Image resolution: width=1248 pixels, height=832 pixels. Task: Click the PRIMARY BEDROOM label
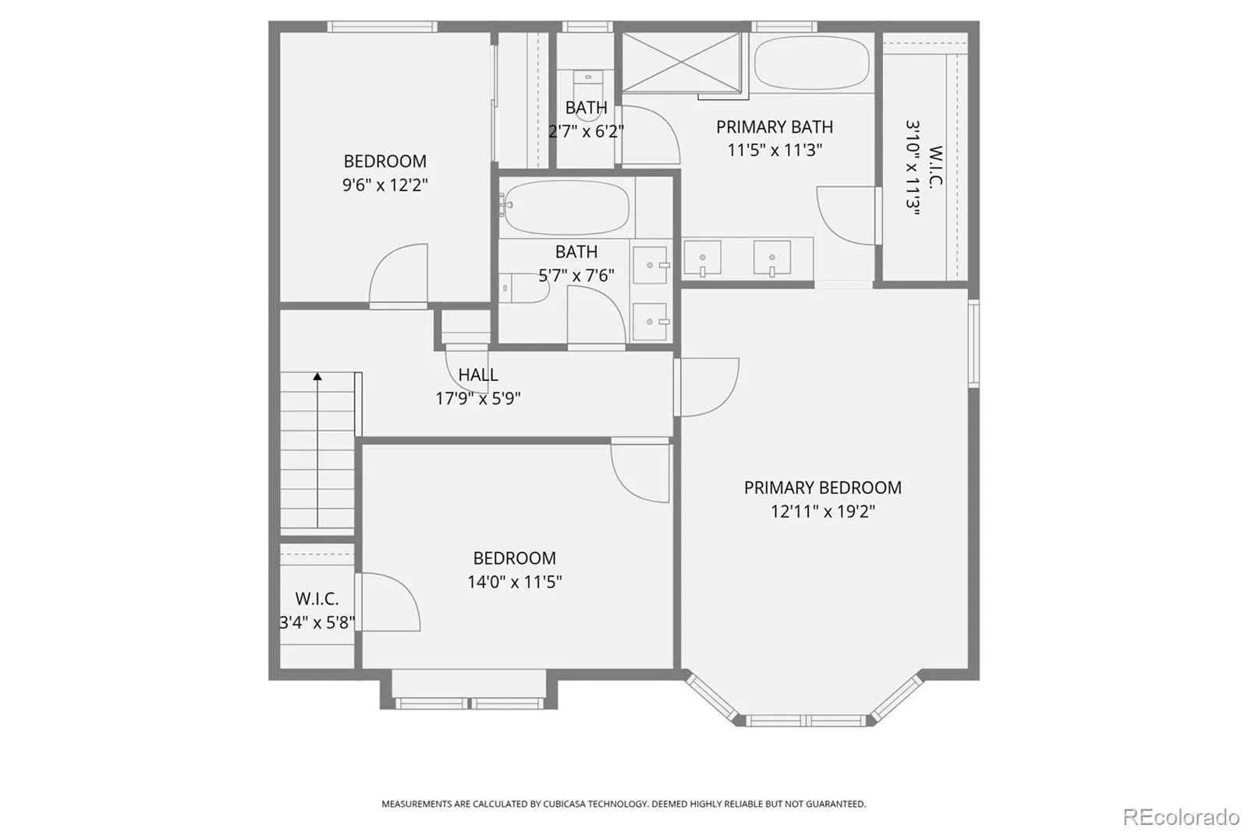[822, 488]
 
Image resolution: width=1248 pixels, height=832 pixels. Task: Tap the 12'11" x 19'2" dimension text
[822, 511]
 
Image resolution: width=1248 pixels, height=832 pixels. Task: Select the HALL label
[478, 375]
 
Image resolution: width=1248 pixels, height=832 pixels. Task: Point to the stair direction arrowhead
[317, 376]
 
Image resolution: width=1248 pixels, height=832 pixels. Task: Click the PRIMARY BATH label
[775, 127]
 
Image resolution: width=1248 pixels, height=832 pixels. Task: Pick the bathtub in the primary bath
[812, 62]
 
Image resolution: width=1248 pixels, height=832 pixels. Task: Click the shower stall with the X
[682, 62]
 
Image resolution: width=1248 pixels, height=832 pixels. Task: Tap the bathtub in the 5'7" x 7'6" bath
[566, 208]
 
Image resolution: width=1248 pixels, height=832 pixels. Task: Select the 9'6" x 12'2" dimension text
[385, 184]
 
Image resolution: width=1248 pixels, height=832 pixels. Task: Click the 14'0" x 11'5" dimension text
[514, 582]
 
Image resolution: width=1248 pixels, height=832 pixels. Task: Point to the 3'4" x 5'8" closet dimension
[317, 622]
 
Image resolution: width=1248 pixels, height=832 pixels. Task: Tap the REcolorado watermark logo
[1181, 817]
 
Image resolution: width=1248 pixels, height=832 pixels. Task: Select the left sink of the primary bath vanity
[703, 258]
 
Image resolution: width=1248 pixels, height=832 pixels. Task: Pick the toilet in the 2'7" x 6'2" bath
[588, 94]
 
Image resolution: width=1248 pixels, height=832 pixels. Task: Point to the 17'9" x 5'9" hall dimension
[478, 399]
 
